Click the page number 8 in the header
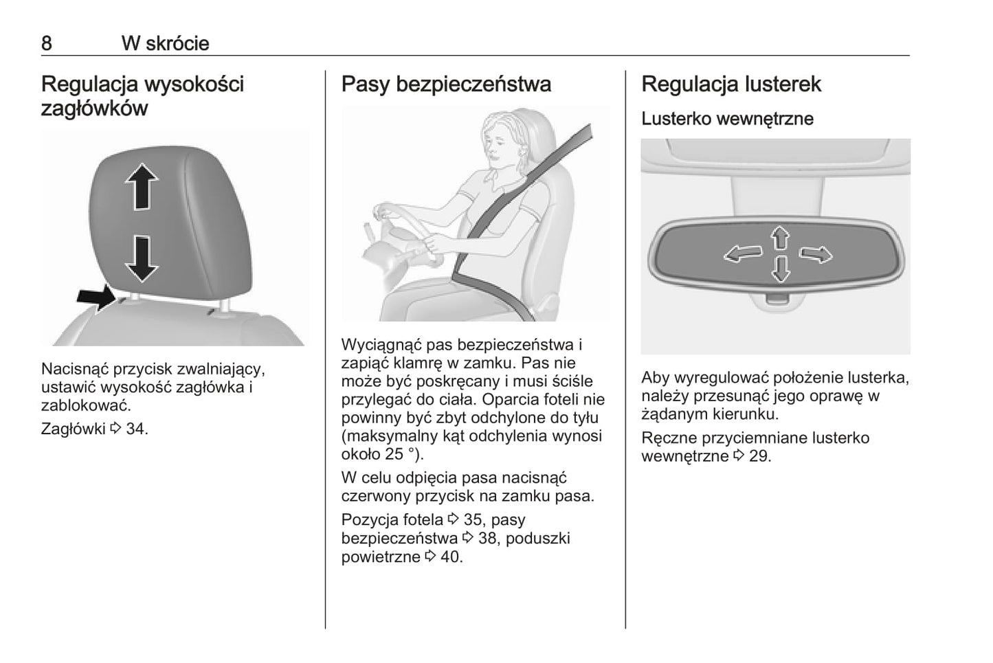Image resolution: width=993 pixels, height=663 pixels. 47,43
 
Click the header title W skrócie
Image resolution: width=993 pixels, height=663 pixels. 166,43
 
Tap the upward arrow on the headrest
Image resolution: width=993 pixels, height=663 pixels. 142,187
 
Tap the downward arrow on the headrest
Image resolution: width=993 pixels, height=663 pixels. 142,259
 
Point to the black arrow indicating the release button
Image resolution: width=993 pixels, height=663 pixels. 97,297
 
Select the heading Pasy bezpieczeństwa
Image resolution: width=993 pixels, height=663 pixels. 446,84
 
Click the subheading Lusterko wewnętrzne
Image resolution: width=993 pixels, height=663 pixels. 728,118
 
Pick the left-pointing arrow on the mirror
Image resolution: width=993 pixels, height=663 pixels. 743,254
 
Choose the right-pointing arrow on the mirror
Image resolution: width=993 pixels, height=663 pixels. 816,254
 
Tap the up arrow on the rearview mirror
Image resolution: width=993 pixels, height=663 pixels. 780,238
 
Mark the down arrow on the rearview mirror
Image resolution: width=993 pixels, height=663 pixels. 781,269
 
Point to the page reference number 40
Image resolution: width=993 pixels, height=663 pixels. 450,557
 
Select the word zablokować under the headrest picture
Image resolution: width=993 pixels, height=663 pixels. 86,405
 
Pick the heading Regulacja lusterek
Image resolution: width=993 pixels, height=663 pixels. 731,84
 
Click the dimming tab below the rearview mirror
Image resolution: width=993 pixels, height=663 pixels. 777,299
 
